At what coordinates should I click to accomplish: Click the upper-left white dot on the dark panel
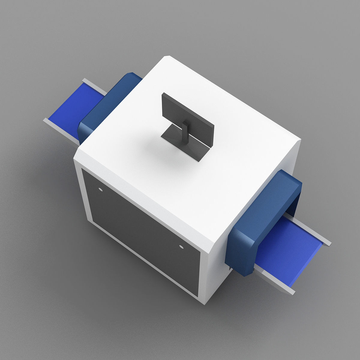(100, 189)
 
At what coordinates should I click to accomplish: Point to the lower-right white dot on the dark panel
(181, 247)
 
